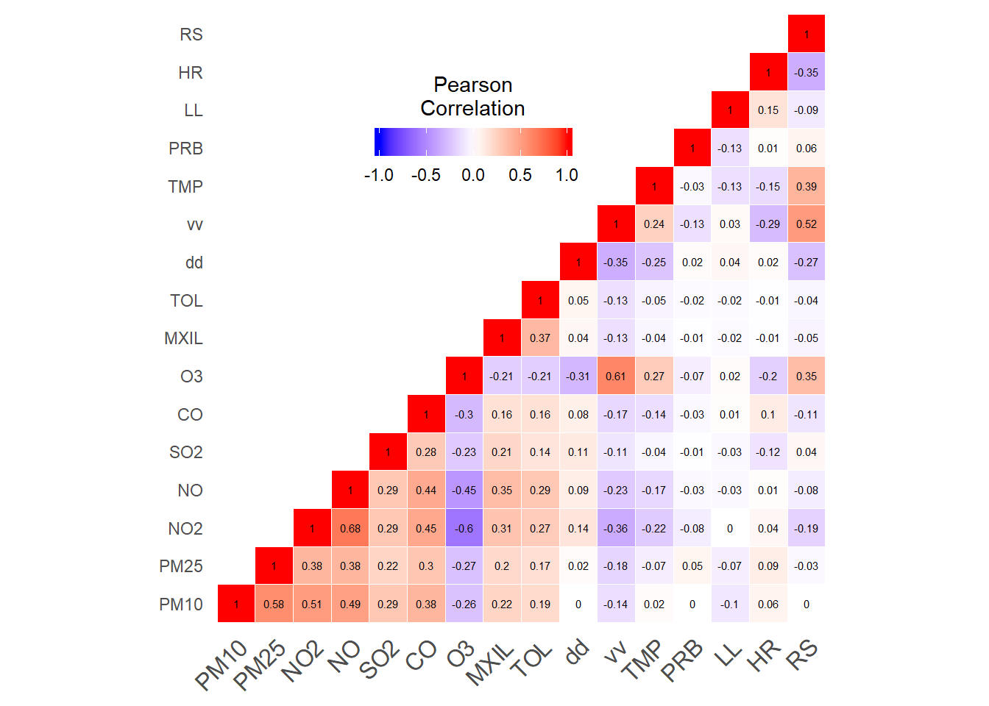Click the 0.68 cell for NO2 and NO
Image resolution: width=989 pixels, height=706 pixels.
tap(350, 528)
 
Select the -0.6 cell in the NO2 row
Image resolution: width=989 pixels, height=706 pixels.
tap(464, 528)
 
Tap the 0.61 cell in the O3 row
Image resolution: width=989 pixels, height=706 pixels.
tap(616, 377)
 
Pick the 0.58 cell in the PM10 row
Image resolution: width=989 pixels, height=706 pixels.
tap(274, 605)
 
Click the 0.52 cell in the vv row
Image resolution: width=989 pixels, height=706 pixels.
tap(807, 224)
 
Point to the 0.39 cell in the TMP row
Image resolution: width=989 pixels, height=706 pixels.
tap(807, 187)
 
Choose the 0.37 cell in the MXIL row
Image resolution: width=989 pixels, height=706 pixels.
tap(540, 338)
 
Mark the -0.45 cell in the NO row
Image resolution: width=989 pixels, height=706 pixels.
tap(464, 491)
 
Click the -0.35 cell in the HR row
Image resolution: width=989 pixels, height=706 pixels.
tap(807, 73)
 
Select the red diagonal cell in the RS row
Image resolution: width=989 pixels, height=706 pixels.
tap(807, 35)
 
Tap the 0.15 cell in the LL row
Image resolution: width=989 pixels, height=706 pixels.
tap(768, 110)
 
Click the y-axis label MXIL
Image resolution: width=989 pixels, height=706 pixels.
tap(183, 338)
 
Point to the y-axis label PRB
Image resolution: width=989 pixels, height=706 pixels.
tap(185, 149)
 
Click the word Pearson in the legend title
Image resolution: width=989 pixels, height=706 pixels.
tap(472, 85)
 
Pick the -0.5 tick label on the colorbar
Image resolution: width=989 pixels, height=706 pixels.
tap(425, 175)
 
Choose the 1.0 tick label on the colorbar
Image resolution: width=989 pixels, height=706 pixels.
tap(567, 175)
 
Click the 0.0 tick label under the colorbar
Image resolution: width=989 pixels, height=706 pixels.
tap(472, 175)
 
